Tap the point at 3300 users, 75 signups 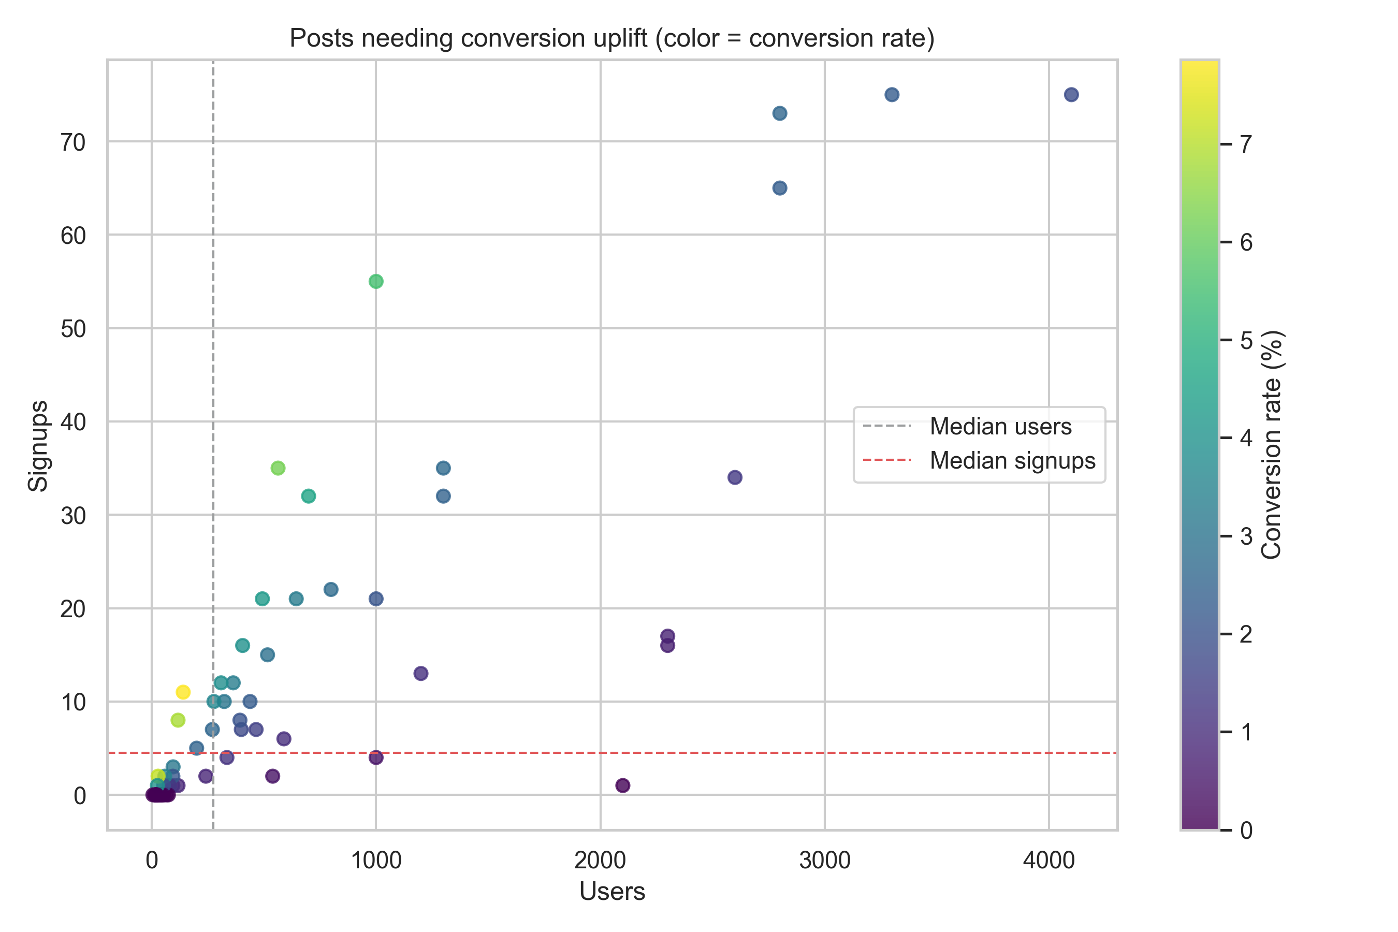point(892,95)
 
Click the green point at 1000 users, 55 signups point(376,281)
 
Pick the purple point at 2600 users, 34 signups point(735,477)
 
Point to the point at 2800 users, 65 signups point(780,188)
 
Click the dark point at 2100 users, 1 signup point(622,785)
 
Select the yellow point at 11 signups point(183,692)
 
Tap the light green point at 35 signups point(278,468)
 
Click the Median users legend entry point(1000,426)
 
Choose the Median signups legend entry point(1012,461)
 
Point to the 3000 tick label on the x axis point(824,860)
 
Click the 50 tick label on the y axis point(73,329)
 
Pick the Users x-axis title point(611,892)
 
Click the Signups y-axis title point(39,445)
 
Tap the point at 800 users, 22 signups point(331,589)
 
